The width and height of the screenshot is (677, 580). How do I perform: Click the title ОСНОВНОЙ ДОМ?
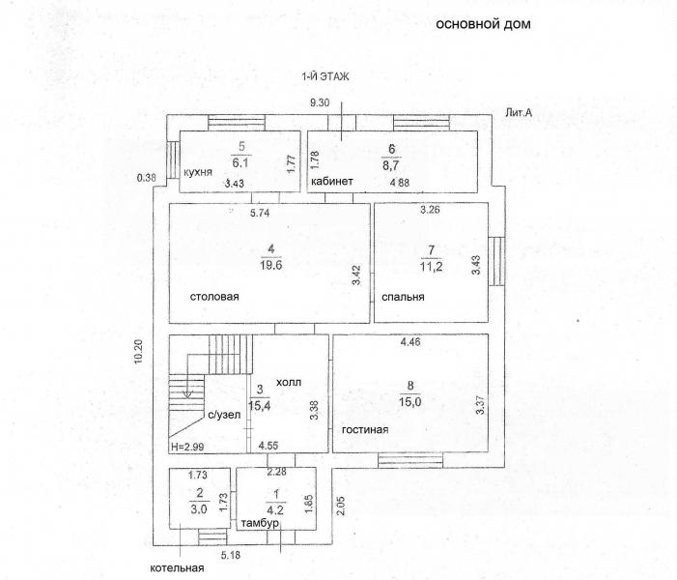click(483, 24)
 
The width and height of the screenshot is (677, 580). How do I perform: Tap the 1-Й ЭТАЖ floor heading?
click(325, 77)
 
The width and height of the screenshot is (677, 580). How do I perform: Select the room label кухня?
click(198, 172)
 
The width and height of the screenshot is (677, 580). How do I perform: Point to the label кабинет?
click(332, 181)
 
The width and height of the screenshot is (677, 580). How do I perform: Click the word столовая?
click(214, 297)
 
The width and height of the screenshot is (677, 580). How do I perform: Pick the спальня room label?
click(403, 297)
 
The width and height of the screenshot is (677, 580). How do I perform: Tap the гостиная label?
click(365, 429)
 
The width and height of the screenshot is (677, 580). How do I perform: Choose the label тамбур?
click(260, 523)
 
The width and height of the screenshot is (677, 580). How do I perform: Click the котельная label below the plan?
click(177, 567)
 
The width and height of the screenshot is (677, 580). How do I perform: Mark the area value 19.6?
click(271, 265)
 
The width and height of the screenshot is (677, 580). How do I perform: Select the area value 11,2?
click(431, 267)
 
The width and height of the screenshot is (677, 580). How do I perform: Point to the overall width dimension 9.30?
click(320, 102)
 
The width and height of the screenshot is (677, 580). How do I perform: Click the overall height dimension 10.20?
click(138, 352)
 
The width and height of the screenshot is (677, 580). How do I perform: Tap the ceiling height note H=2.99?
click(187, 447)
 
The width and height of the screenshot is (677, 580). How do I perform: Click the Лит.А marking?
click(519, 113)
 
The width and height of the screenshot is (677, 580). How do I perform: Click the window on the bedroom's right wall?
click(496, 261)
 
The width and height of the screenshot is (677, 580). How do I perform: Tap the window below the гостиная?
click(410, 460)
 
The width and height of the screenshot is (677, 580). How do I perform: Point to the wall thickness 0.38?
click(146, 177)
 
